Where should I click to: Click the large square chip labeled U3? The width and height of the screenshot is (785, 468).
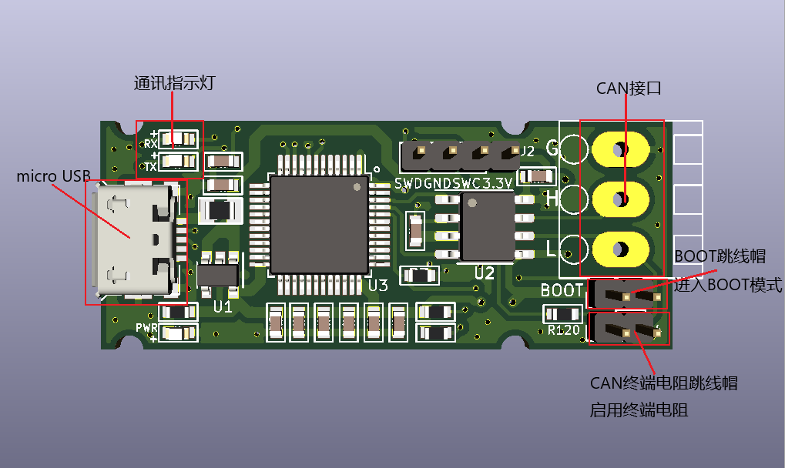pyautogui.click(x=319, y=224)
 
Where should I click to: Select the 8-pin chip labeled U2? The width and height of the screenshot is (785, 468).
pyautogui.click(x=487, y=226)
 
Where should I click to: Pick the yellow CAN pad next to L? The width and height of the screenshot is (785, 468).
pyautogui.click(x=620, y=249)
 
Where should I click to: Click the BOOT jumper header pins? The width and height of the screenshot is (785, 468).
pyautogui.click(x=628, y=294)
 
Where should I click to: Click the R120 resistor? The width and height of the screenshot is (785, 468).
pyautogui.click(x=562, y=314)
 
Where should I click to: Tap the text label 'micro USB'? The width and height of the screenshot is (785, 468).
pyautogui.click(x=53, y=176)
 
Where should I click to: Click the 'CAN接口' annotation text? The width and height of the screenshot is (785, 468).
pyautogui.click(x=629, y=88)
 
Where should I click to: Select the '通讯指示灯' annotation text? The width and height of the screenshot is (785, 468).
pyautogui.click(x=173, y=83)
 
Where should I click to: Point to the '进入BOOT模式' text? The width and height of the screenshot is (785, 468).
pyautogui.click(x=728, y=286)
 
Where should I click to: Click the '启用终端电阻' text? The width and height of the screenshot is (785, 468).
pyautogui.click(x=639, y=409)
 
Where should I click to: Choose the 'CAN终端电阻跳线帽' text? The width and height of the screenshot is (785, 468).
pyautogui.click(x=663, y=383)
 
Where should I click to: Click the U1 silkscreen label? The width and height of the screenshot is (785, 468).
pyautogui.click(x=223, y=306)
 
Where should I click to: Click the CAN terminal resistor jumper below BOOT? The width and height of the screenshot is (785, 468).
pyautogui.click(x=628, y=331)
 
